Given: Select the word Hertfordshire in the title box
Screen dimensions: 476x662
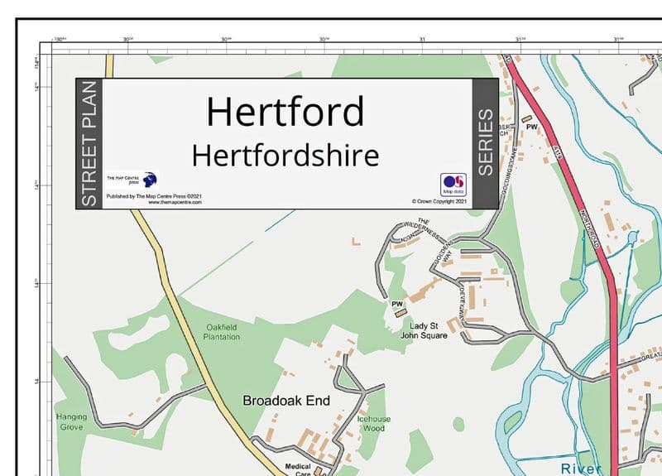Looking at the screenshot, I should point(285,155).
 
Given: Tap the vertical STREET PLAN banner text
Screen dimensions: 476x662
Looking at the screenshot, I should point(89,144).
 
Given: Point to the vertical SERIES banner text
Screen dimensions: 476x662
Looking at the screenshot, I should point(485,142).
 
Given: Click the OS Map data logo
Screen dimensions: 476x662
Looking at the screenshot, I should point(453,184).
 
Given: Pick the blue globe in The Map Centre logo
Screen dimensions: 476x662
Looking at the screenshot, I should point(150,179).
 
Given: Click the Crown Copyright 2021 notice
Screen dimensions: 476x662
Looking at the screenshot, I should point(439,201).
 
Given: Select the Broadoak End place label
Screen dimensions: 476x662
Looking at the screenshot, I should point(286,401).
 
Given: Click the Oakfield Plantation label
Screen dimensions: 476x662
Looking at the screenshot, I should point(223,332).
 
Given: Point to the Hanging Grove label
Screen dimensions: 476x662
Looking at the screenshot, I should point(71,422).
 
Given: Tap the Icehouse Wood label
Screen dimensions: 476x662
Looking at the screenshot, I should point(373,424).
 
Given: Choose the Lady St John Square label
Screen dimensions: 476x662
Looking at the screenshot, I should point(423,330).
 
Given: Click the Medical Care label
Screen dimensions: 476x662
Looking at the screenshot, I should point(298,470).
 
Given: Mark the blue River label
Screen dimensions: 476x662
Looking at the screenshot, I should point(581,469).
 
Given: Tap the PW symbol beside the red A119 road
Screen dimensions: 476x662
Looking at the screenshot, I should point(532,127).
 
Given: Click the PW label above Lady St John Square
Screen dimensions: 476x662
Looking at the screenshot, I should point(396,304).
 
